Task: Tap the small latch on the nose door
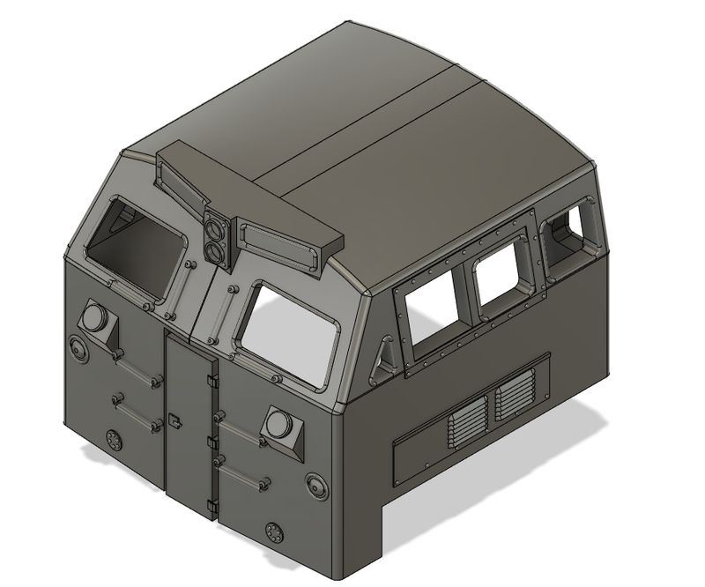pyautogui.click(x=174, y=420)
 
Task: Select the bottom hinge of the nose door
pyautogui.click(x=211, y=505)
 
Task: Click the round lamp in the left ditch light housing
pyautogui.click(x=94, y=316)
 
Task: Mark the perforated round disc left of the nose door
pyautogui.click(x=113, y=441)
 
